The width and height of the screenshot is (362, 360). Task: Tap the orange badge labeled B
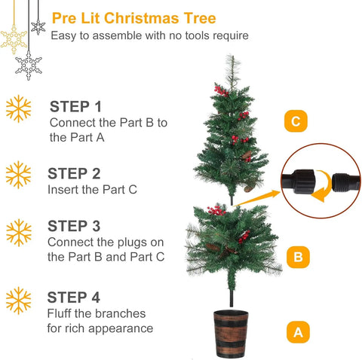[298, 258]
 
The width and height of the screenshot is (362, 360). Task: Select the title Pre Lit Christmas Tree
[133, 18]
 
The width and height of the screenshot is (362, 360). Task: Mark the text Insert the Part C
[93, 190]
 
